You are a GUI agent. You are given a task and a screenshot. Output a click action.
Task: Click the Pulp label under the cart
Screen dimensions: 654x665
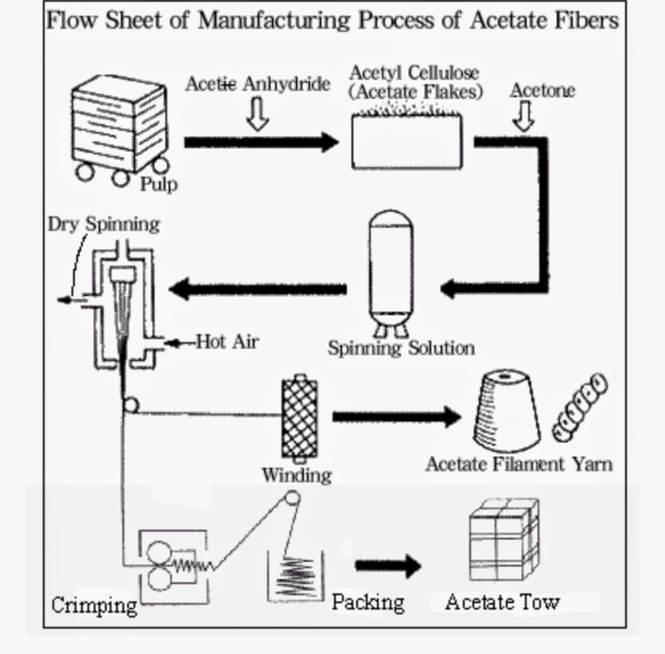pyautogui.click(x=158, y=185)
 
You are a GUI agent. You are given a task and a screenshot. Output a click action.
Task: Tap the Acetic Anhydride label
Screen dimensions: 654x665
pyautogui.click(x=257, y=84)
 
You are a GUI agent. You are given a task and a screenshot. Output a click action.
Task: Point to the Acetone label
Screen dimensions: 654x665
pyautogui.click(x=542, y=90)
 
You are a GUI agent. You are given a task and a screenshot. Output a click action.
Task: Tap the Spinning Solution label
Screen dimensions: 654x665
pyautogui.click(x=401, y=348)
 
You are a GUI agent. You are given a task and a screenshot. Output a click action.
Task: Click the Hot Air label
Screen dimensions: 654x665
pyautogui.click(x=227, y=342)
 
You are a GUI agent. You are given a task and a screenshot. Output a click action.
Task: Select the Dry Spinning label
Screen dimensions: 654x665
pyautogui.click(x=103, y=224)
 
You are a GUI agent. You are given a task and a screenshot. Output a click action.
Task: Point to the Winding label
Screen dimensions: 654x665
pyautogui.click(x=296, y=475)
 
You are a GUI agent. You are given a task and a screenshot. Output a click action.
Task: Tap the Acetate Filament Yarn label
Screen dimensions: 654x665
pyautogui.click(x=519, y=463)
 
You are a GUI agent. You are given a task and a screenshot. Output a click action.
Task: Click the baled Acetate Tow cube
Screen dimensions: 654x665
pyautogui.click(x=503, y=540)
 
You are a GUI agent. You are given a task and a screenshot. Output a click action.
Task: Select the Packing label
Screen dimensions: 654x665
pyautogui.click(x=367, y=601)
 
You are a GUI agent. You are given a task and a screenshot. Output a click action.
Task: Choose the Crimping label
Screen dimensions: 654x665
pyautogui.click(x=94, y=605)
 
